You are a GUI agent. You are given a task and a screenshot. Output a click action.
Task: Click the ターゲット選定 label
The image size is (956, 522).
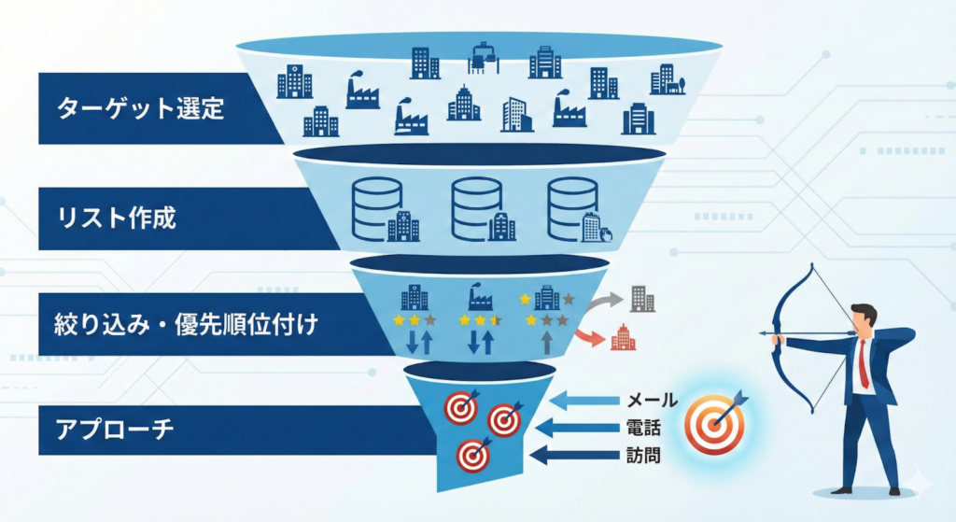coord(141,109)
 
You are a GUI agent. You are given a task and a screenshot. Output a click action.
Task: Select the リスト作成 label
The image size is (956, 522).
coord(117,219)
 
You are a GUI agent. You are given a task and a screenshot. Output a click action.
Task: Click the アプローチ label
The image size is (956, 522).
coord(111,433)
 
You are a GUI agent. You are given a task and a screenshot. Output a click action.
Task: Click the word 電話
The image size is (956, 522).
coord(644,430)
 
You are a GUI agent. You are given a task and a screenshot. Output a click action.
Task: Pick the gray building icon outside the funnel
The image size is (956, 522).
coord(642,298)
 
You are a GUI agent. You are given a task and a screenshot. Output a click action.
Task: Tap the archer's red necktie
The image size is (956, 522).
coord(864,364)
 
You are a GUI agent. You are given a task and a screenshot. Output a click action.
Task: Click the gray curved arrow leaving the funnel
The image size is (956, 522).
coord(603,302)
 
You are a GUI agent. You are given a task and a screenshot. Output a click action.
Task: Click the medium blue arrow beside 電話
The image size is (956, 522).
coord(582,429)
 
